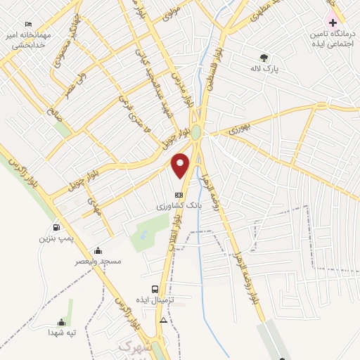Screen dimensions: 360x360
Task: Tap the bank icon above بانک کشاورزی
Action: [x=179, y=195]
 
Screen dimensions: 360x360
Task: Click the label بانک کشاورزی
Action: [x=179, y=207]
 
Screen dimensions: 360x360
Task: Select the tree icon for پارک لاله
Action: [x=264, y=58]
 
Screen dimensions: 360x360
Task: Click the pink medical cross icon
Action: [x=333, y=23]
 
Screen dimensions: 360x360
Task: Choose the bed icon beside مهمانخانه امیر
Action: [x=28, y=25]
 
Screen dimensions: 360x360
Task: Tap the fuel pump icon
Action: [x=56, y=227]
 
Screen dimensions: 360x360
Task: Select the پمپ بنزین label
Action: [x=56, y=239]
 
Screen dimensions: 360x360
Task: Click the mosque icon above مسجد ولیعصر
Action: [x=98, y=250]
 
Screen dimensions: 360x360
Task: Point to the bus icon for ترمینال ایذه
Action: [x=155, y=288]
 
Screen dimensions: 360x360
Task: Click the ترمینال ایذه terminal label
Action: [x=163, y=300]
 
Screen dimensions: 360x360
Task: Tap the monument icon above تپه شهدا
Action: [x=62, y=322]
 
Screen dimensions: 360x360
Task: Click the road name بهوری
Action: [x=240, y=129]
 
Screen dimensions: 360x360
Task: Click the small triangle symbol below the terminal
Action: [x=164, y=321]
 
